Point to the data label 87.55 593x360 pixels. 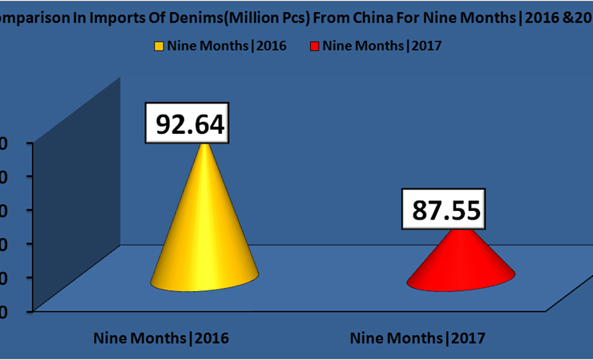[446, 209]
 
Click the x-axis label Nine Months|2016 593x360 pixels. [161, 338]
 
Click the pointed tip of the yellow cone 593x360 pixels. [206, 145]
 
